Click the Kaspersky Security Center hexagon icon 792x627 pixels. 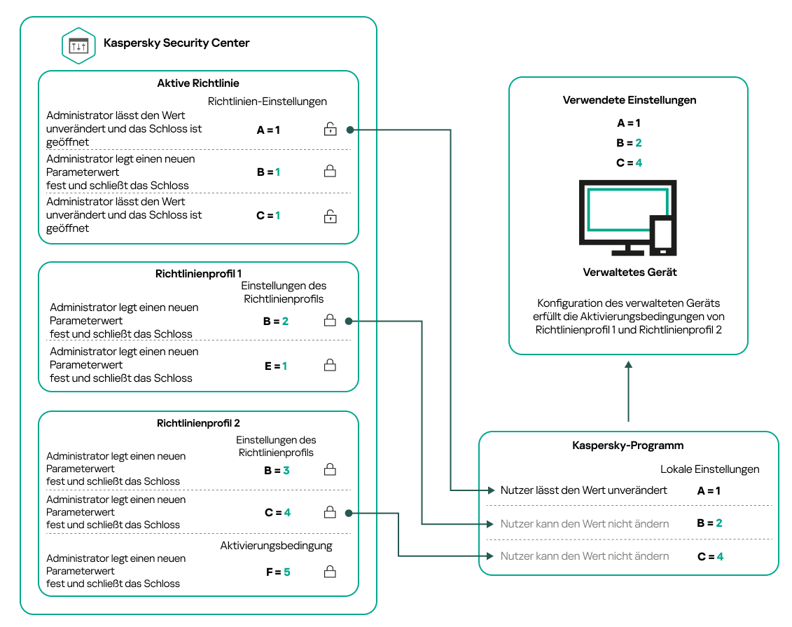pos(78,45)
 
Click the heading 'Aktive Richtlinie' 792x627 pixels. pos(198,83)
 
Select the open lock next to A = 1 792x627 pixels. pos(330,129)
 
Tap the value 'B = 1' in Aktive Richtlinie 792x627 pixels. pos(268,172)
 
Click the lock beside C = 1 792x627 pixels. pos(330,216)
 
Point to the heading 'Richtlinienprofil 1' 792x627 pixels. pos(198,274)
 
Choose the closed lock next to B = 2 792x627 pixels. pos(330,321)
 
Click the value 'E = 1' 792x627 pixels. pos(276,366)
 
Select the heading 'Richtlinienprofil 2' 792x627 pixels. pos(198,423)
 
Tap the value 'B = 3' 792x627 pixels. pos(277,471)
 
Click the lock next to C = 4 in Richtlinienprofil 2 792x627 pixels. pos(330,513)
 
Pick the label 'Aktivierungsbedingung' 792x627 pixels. pos(276,545)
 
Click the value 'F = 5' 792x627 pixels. pos(277,572)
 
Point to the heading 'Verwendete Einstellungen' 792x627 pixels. pos(629,100)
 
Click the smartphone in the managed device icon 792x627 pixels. pos(662,235)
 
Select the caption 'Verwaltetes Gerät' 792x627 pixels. pos(630,273)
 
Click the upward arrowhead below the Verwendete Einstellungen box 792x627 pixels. pos(629,365)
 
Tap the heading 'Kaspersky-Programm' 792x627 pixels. pos(627,446)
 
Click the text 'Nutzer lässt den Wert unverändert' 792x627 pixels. pos(583,490)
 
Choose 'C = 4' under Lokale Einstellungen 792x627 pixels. pos(709,557)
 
